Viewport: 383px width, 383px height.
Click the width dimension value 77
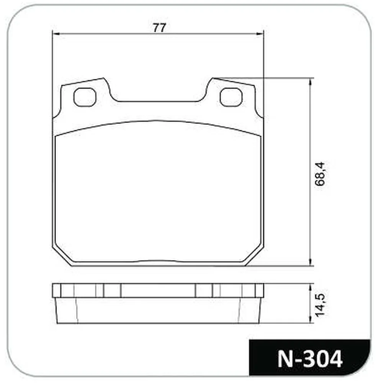coord(159,27)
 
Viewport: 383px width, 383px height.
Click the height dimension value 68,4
coord(320,173)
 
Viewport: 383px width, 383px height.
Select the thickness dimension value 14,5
coord(320,305)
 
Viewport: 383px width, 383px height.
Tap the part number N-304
coord(310,359)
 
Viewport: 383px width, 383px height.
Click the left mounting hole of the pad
coord(85,97)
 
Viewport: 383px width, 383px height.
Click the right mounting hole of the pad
coord(231,97)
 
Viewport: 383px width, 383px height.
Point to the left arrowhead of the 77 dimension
coord(56,33)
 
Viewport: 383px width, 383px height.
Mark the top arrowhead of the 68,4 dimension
coord(311,82)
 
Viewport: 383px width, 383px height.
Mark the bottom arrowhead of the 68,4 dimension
coord(311,262)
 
